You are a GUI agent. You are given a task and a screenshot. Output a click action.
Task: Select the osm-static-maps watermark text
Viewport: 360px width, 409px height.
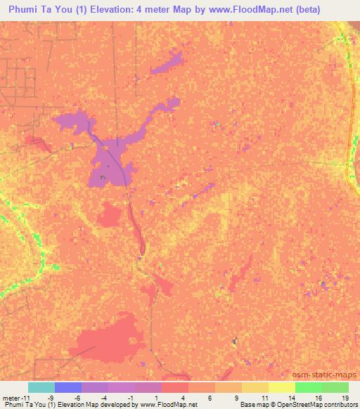(327, 375)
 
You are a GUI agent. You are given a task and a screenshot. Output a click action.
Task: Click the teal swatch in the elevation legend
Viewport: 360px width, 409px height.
(41, 387)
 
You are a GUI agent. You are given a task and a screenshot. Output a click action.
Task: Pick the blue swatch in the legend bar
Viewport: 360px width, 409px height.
(68, 387)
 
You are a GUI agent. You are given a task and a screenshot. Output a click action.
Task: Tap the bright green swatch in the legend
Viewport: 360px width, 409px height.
(308, 387)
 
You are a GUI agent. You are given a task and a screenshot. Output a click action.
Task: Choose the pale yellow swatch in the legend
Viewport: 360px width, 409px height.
(281, 387)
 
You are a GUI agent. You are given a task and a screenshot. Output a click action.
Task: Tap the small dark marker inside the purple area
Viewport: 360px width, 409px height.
(103, 177)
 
